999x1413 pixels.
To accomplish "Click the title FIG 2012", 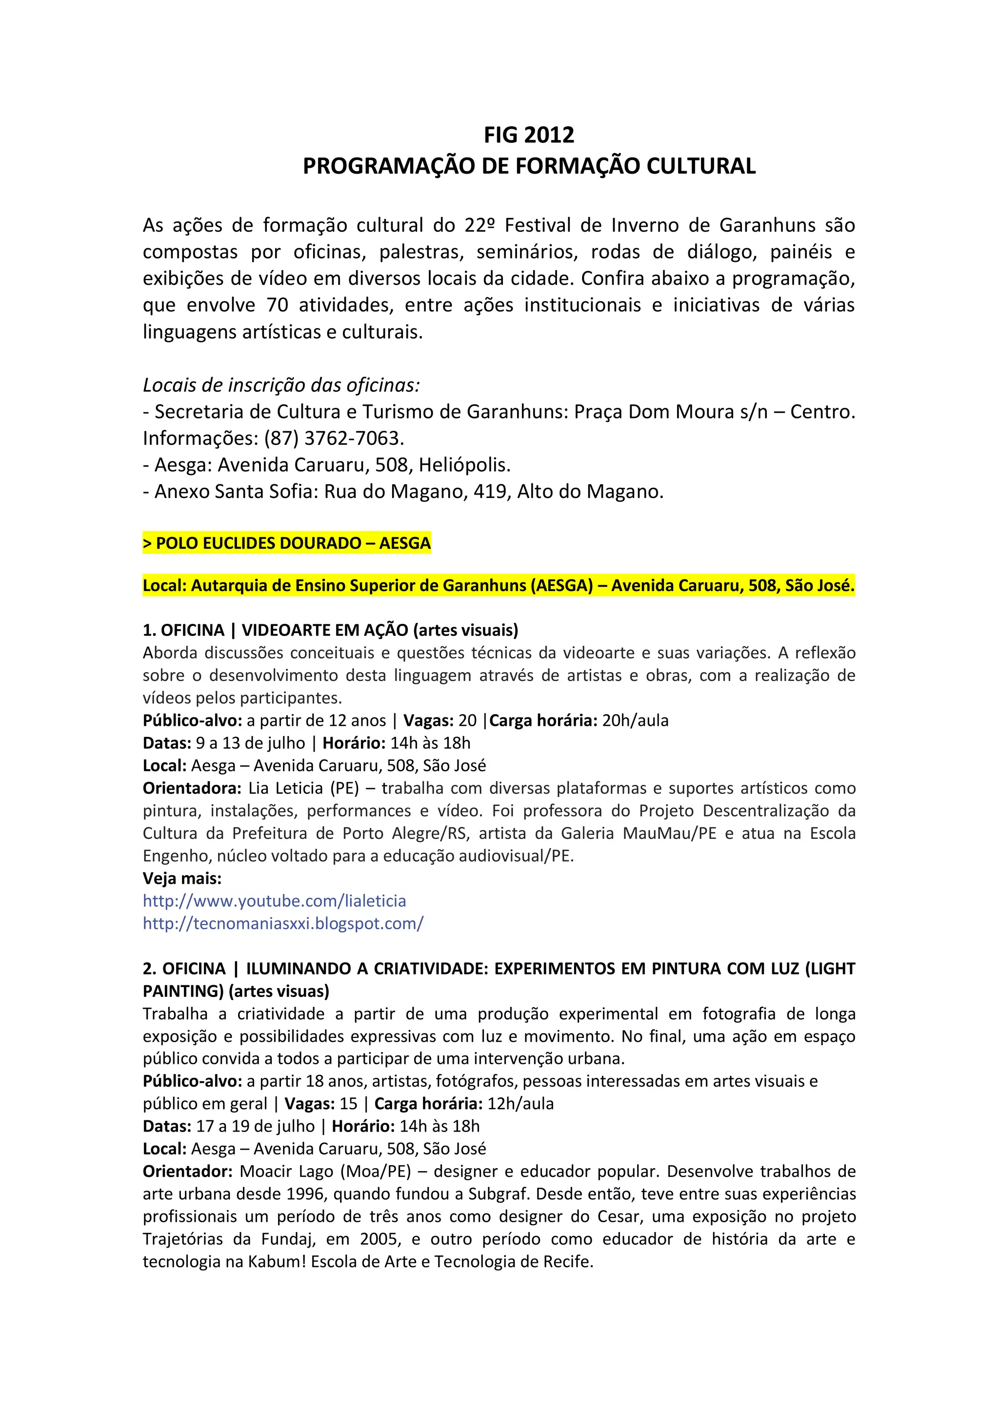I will tap(529, 135).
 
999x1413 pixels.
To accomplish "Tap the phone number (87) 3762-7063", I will tap(334, 438).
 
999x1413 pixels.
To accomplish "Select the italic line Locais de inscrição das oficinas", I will tap(281, 385).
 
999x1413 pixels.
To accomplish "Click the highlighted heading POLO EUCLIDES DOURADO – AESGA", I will tap(287, 543).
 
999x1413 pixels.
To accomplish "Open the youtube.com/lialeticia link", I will tap(275, 901).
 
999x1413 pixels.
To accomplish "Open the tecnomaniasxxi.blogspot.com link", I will tap(283, 924).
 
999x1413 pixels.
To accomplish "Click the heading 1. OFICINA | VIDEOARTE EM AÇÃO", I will tap(331, 630).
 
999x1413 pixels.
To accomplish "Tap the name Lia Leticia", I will tap(286, 788).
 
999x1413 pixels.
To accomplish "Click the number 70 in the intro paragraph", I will tap(277, 305).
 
